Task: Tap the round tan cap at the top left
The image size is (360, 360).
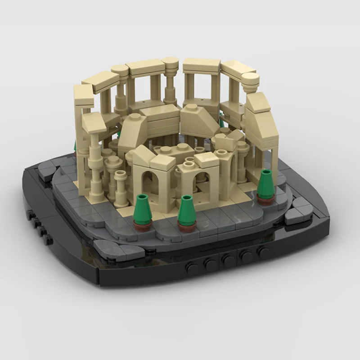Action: (x=119, y=70)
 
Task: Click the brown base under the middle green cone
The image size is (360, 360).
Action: (x=186, y=225)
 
